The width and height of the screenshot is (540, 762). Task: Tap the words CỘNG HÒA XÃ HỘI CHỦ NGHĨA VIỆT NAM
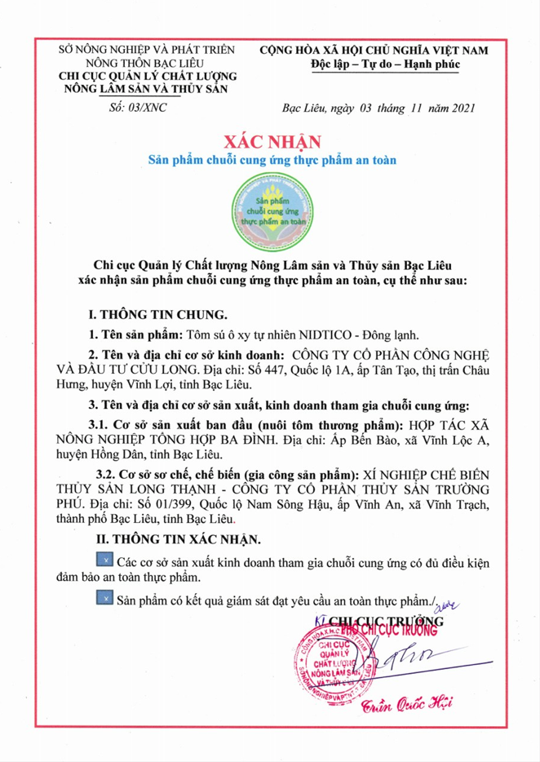(x=374, y=51)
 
